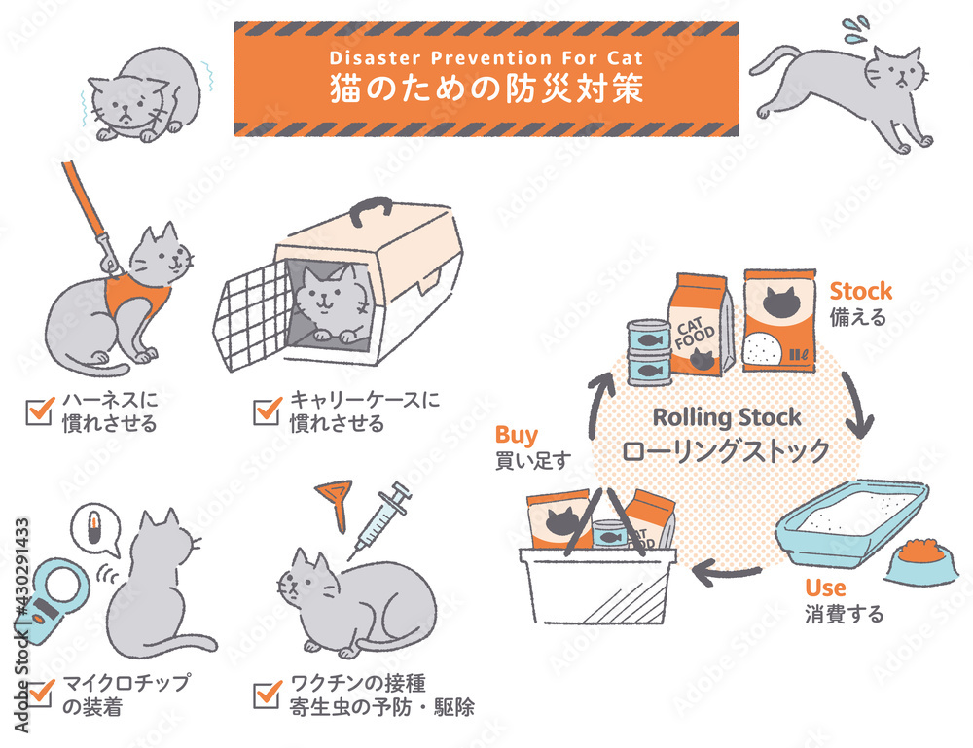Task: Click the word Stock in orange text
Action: point(861,291)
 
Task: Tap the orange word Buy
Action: point(517,436)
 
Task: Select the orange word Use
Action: point(825,587)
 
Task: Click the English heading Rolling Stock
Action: point(727,417)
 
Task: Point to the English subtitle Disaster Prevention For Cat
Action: point(486,58)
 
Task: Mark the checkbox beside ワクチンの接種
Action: point(268,695)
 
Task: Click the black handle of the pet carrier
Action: point(371,210)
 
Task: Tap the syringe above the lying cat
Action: point(380,519)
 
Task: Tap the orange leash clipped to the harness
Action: point(89,213)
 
